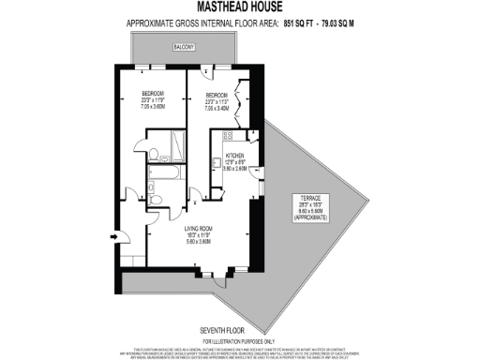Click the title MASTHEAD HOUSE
click(x=240, y=8)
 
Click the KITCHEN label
click(x=234, y=154)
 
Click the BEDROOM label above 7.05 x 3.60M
click(x=154, y=94)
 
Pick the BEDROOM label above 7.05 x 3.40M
click(x=215, y=95)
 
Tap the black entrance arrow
click(x=114, y=237)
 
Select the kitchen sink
click(x=217, y=157)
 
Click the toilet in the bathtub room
click(x=156, y=195)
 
